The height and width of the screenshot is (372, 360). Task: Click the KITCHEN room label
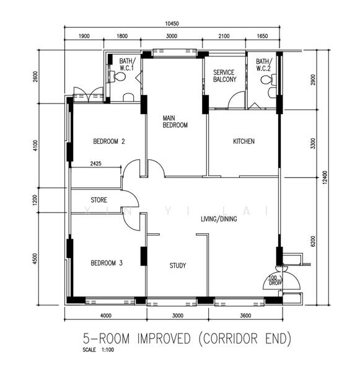pyautogui.click(x=244, y=141)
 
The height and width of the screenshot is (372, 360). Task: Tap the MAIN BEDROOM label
pyautogui.click(x=175, y=122)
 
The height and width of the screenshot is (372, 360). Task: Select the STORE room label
pyautogui.click(x=99, y=200)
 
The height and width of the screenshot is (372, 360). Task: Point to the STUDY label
pyautogui.click(x=178, y=265)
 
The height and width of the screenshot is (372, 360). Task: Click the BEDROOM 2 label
pyautogui.click(x=109, y=141)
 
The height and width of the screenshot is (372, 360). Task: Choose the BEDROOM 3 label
pyautogui.click(x=107, y=263)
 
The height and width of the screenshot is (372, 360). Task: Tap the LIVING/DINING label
pyautogui.click(x=219, y=219)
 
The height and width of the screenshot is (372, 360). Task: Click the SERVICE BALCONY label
pyautogui.click(x=224, y=76)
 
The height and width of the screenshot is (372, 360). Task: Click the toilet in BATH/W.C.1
pyautogui.click(x=120, y=76)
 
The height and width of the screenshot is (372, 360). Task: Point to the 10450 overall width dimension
pyautogui.click(x=172, y=24)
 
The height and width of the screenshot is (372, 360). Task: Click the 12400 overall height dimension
pyautogui.click(x=325, y=177)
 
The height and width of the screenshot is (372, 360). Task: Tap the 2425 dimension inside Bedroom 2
pyautogui.click(x=96, y=164)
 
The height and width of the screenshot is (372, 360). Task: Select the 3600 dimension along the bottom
pyautogui.click(x=245, y=316)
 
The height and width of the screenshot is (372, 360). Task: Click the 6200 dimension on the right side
pyautogui.click(x=313, y=241)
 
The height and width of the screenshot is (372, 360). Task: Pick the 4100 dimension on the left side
pyautogui.click(x=35, y=146)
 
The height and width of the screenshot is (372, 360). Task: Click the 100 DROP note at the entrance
pyautogui.click(x=275, y=280)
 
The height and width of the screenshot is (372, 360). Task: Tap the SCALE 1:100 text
pyautogui.click(x=98, y=350)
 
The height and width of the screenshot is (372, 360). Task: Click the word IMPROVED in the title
pyautogui.click(x=164, y=339)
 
